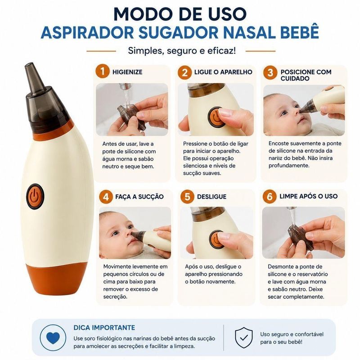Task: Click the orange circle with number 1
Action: pyautogui.click(x=103, y=72)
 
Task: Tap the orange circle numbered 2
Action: pyautogui.click(x=184, y=72)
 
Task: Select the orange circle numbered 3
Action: pyautogui.click(x=270, y=72)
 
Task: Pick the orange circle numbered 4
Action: pyautogui.click(x=106, y=197)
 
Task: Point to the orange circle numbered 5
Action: pyautogui.click(x=187, y=197)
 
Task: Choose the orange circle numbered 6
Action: pyautogui.click(x=270, y=197)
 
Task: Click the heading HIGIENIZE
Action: pyautogui.click(x=127, y=72)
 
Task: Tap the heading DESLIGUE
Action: pyautogui.click(x=211, y=197)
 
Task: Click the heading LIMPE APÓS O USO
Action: pyautogui.click(x=309, y=196)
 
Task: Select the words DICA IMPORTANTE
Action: pyautogui.click(x=104, y=328)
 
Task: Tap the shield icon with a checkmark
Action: pyautogui.click(x=244, y=337)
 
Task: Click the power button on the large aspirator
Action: pyautogui.click(x=35, y=197)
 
